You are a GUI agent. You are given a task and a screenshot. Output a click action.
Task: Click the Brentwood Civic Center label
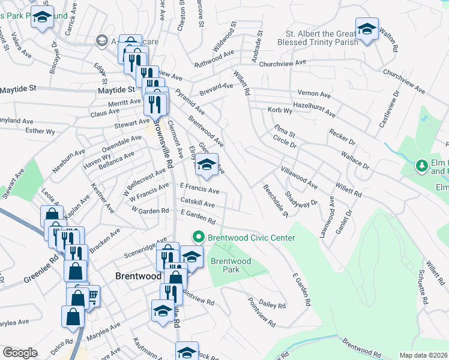pyautogui.click(x=252, y=238)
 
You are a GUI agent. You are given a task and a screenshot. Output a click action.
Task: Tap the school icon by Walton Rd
pyautogui.click(x=366, y=29)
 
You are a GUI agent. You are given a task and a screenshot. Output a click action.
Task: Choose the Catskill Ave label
pyautogui.click(x=197, y=204)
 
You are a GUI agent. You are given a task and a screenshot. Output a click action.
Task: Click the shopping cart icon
pyautogui.click(x=92, y=295)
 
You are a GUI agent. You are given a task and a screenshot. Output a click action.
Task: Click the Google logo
pyautogui.click(x=20, y=352)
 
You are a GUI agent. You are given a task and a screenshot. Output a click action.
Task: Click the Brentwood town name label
pyautogui.click(x=137, y=276)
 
